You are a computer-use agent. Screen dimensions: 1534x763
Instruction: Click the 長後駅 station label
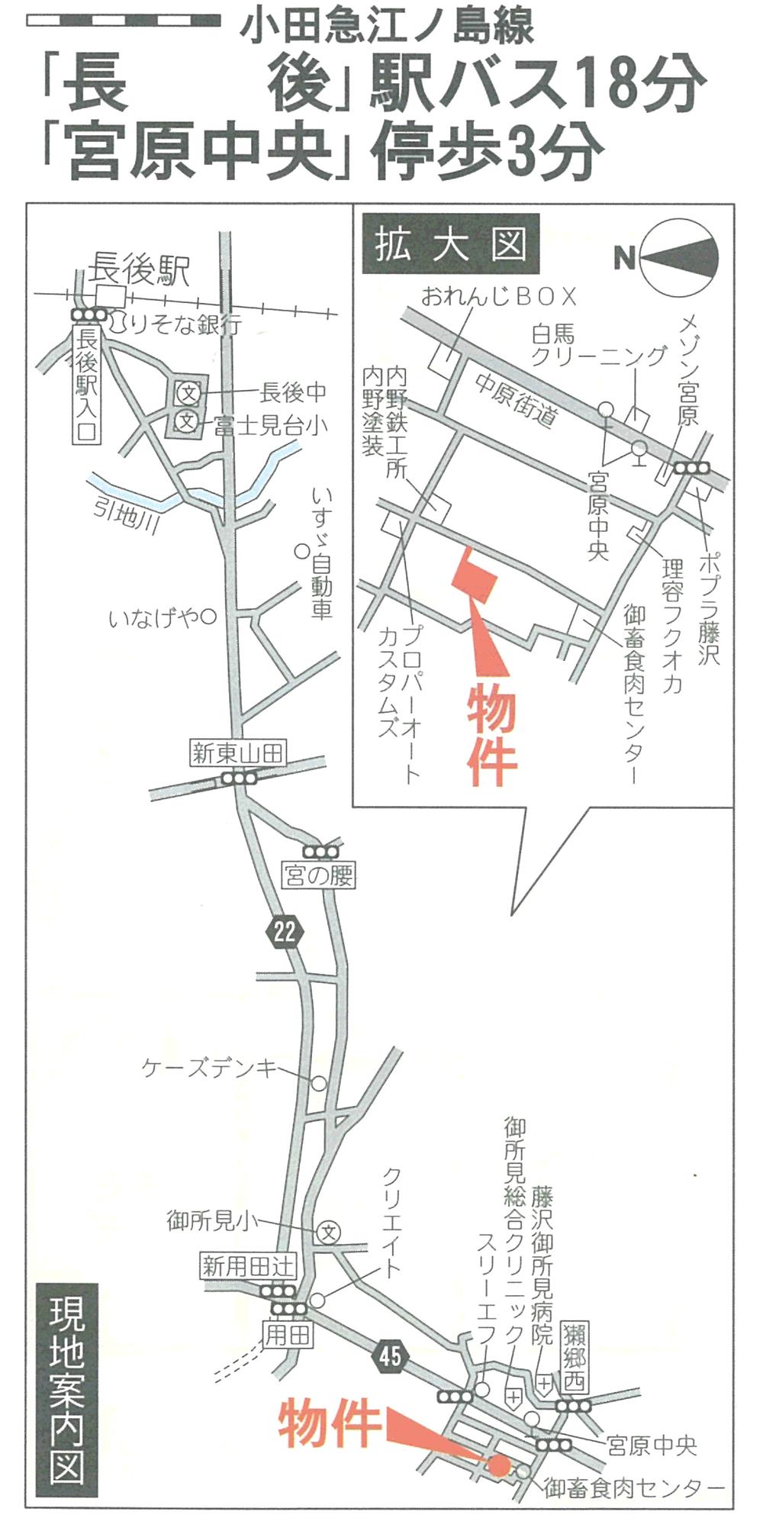pyautogui.click(x=139, y=269)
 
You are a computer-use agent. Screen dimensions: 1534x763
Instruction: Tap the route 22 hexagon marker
pyautogui.click(x=285, y=931)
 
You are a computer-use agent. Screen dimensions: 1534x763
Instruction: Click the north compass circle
pyautogui.click(x=680, y=257)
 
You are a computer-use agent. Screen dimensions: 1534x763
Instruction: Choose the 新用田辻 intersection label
pyautogui.click(x=247, y=1267)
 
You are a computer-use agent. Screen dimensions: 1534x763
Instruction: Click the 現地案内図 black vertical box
pyautogui.click(x=67, y=1389)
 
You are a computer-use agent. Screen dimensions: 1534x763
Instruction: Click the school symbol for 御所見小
pyautogui.click(x=329, y=1231)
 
